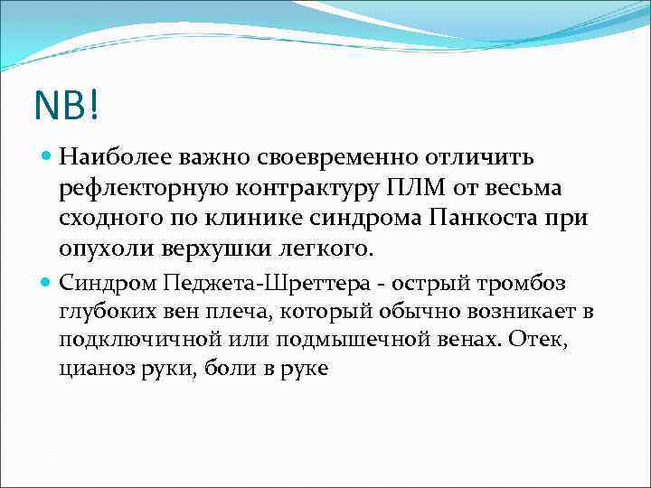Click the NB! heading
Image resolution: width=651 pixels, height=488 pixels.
[69, 108]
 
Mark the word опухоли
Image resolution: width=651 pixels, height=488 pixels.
[99, 248]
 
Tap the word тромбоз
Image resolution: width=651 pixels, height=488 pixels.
[528, 284]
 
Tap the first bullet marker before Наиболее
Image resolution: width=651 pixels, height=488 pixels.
[48, 158]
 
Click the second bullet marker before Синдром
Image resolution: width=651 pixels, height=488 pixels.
[48, 284]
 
